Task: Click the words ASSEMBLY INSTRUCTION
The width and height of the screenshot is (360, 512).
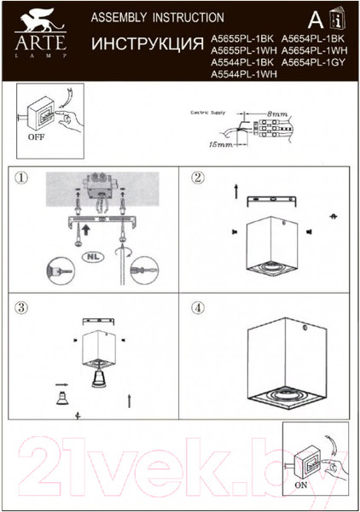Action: pyautogui.click(x=145, y=17)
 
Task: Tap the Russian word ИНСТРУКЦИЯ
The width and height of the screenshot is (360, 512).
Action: pyautogui.click(x=146, y=42)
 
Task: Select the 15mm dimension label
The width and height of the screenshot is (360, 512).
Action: pyautogui.click(x=226, y=146)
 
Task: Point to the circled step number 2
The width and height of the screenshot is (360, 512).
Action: pyautogui.click(x=198, y=178)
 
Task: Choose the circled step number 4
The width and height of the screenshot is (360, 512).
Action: pyautogui.click(x=198, y=306)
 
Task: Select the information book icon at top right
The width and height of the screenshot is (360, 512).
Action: pyautogui.click(x=339, y=20)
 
